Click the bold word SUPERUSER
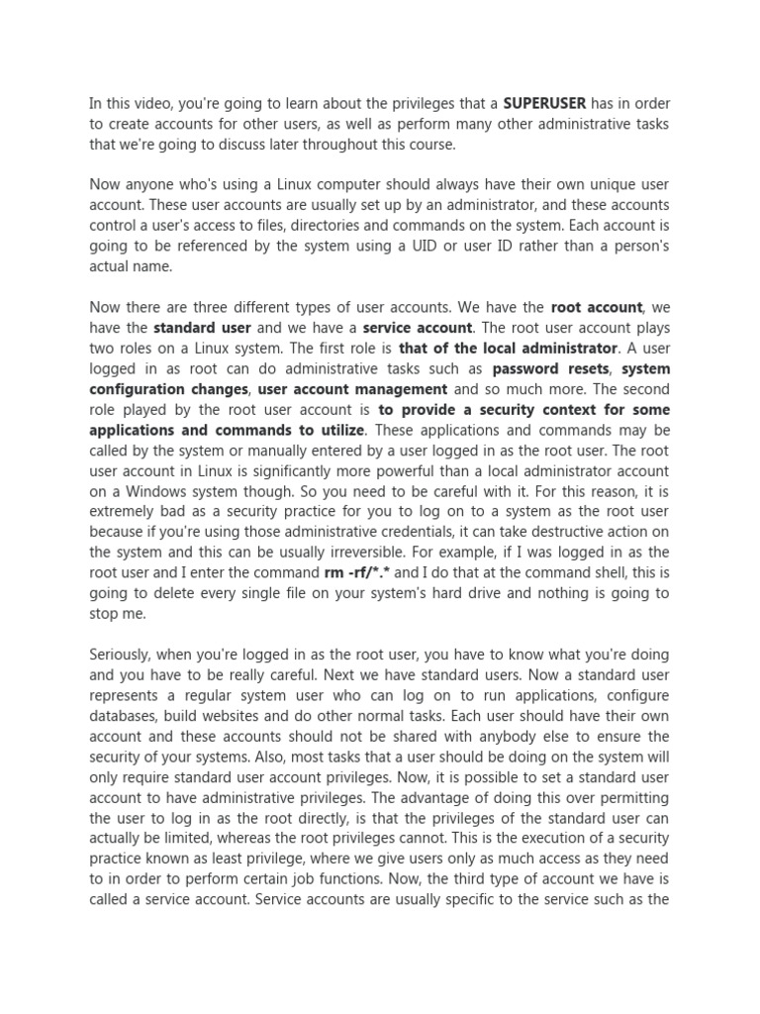point(544,102)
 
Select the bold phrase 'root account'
point(597,307)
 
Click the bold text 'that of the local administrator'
point(508,348)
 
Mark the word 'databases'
point(124,716)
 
